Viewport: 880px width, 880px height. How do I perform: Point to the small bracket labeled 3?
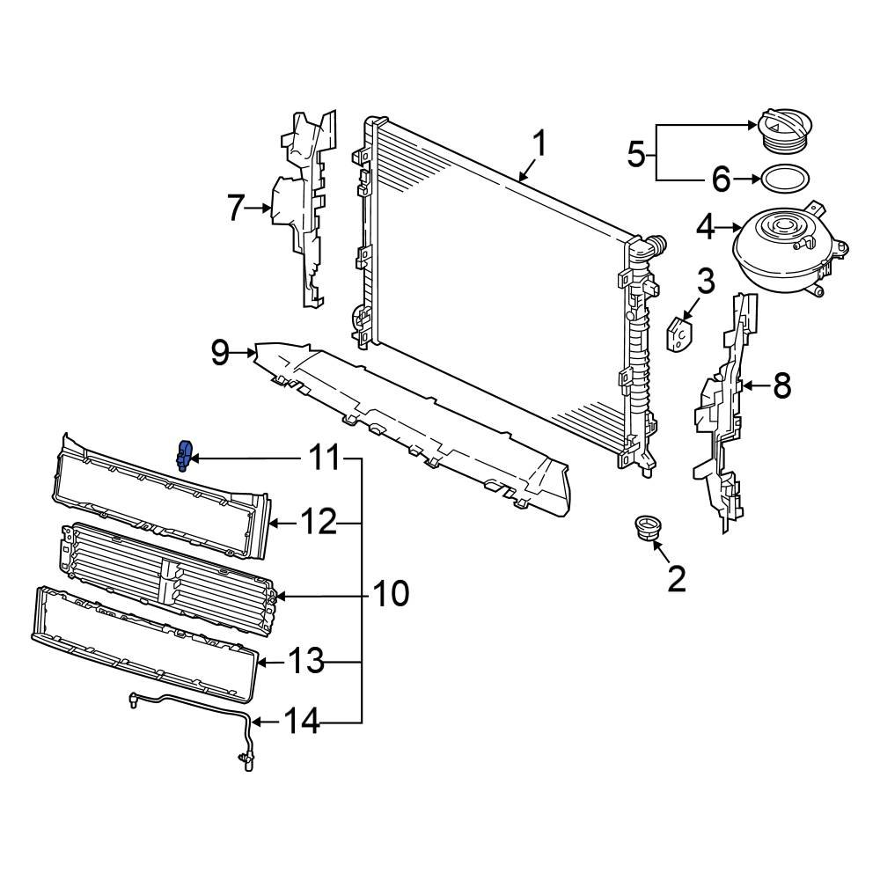(x=678, y=336)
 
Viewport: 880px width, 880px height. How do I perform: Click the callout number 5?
(x=637, y=155)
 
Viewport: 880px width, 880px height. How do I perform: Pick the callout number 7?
(x=234, y=209)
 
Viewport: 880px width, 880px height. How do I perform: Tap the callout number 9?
(x=220, y=354)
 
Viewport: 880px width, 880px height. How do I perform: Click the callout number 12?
(x=314, y=524)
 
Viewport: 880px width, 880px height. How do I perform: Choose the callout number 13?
(x=308, y=662)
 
